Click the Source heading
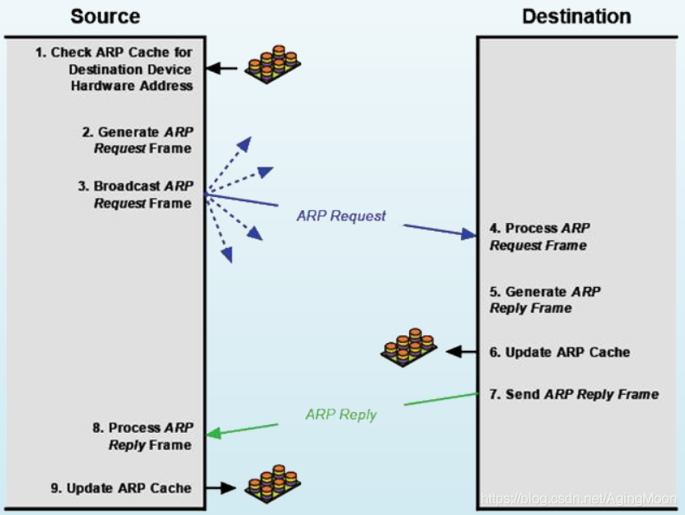click(106, 16)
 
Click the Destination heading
click(576, 16)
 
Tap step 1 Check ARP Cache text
click(113, 69)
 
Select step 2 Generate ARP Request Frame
click(138, 140)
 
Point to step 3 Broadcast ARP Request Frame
click(135, 194)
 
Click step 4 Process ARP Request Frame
click(540, 237)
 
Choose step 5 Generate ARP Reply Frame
click(545, 300)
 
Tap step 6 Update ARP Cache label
click(560, 353)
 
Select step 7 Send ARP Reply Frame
click(574, 395)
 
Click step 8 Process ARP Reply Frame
click(142, 436)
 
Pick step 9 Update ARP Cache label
click(121, 488)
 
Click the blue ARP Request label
click(341, 216)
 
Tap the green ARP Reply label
click(341, 414)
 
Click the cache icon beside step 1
click(272, 64)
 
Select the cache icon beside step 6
click(409, 347)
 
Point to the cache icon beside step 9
click(272, 484)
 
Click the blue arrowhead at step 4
click(469, 234)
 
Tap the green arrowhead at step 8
click(214, 434)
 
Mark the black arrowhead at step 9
click(228, 487)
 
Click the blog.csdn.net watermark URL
click(579, 499)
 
